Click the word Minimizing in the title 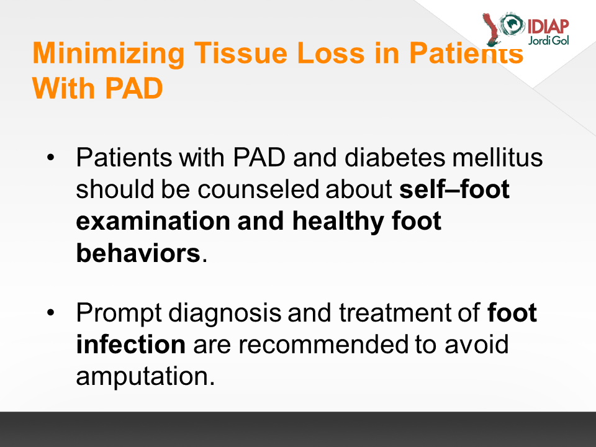pyautogui.click(x=109, y=54)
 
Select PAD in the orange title pyautogui.click(x=133, y=89)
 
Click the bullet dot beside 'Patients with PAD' pyautogui.click(x=51, y=157)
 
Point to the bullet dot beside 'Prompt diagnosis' pyautogui.click(x=51, y=312)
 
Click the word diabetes pyautogui.click(x=395, y=157)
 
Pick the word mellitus pyautogui.click(x=497, y=157)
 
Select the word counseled pyautogui.click(x=258, y=189)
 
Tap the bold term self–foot pyautogui.click(x=454, y=189)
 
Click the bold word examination pyautogui.click(x=153, y=221)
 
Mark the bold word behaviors pyautogui.click(x=138, y=253)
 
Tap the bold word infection pyautogui.click(x=131, y=345)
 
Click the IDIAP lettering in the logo pyautogui.click(x=548, y=27)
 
